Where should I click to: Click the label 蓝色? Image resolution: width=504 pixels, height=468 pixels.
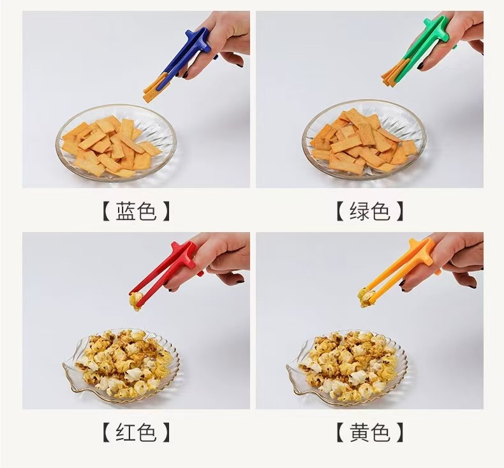coord(136,212)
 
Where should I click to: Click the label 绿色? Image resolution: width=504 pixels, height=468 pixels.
coord(370,212)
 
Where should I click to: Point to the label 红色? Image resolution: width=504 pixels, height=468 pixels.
coord(136,434)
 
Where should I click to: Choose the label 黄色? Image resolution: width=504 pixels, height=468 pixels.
coord(370,434)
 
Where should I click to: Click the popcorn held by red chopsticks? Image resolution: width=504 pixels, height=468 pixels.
coord(136,301)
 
